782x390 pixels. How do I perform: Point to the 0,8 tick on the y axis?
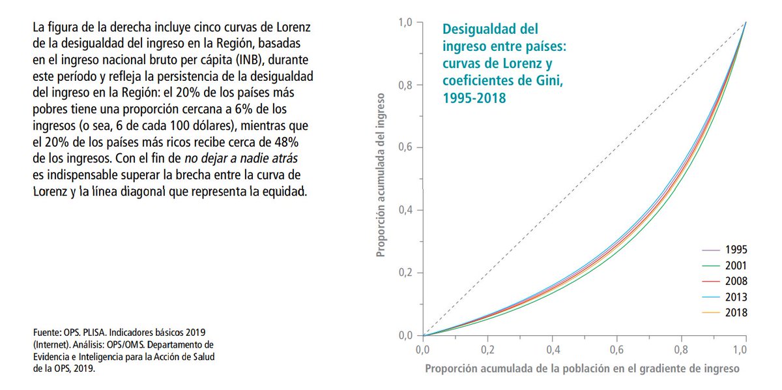406,85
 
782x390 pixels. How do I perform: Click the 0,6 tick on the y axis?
406,147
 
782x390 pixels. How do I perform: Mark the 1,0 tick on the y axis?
406,22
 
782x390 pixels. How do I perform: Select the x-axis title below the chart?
582,368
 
